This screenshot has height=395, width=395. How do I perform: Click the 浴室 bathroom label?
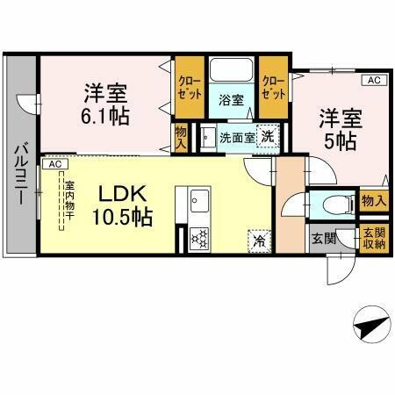pos(231,100)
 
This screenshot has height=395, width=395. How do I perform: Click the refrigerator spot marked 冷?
pos(260,237)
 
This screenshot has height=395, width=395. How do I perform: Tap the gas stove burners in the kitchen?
pos(197,236)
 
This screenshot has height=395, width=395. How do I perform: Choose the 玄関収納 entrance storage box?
pos(373,238)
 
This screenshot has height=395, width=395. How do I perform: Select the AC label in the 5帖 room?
pos(373,81)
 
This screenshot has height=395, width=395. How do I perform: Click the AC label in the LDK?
pos(55,164)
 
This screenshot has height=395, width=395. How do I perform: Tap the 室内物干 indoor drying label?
pos(68,203)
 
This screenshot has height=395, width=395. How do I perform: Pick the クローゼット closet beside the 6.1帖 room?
pos(189,88)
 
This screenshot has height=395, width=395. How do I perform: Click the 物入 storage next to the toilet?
pos(373,201)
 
